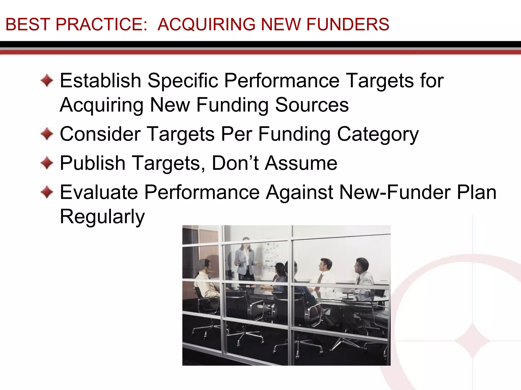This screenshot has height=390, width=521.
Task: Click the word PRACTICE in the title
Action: click(x=102, y=24)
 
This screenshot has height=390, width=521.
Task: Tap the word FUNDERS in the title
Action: click(x=348, y=24)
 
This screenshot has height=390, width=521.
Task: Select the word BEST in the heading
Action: click(x=28, y=24)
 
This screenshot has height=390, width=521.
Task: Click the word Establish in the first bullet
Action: click(x=100, y=80)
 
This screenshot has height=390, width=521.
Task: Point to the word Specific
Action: click(x=183, y=80)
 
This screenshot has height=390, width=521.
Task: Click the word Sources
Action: click(x=312, y=105)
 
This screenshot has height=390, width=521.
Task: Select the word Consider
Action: click(x=100, y=134)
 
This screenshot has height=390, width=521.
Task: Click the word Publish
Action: click(x=93, y=163)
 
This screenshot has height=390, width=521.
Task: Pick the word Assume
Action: click(x=301, y=163)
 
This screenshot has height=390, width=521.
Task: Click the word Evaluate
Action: click(x=99, y=192)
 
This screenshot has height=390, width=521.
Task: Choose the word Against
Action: click(x=299, y=192)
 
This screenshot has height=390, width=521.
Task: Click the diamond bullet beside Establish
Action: click(x=47, y=80)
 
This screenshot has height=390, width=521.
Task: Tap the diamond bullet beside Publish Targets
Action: click(x=47, y=163)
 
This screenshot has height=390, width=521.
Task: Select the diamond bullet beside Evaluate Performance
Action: click(x=47, y=192)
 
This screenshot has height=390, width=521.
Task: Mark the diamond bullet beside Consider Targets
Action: click(x=47, y=134)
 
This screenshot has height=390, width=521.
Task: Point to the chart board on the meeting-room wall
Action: click(x=270, y=256)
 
